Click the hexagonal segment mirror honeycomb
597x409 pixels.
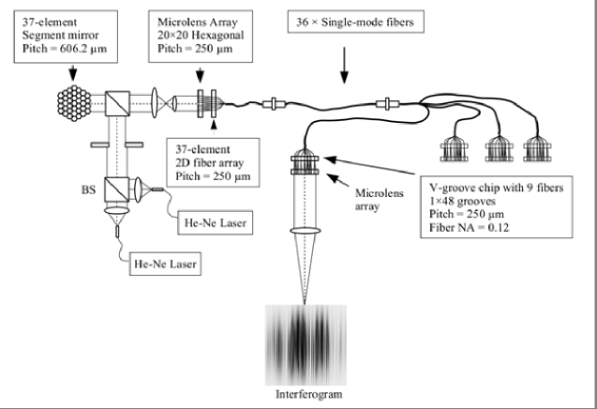(x=74, y=103)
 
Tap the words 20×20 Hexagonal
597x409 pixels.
(x=201, y=35)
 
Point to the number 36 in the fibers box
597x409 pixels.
(x=303, y=23)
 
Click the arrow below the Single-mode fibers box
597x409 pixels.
(x=344, y=65)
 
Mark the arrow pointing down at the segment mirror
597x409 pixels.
(x=73, y=72)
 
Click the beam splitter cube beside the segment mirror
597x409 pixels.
(x=117, y=103)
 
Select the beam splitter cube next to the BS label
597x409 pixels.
(x=116, y=189)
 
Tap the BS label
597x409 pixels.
(x=88, y=189)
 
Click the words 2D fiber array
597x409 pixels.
(x=209, y=163)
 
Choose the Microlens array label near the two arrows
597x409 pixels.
(x=379, y=200)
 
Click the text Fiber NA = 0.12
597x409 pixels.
(x=469, y=228)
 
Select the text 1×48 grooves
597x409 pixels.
(x=462, y=201)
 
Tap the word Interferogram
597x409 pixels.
(x=308, y=394)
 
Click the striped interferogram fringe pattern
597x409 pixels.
(x=306, y=345)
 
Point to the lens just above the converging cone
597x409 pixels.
(x=305, y=231)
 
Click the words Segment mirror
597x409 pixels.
(x=60, y=36)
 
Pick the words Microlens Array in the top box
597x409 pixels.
(x=197, y=23)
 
